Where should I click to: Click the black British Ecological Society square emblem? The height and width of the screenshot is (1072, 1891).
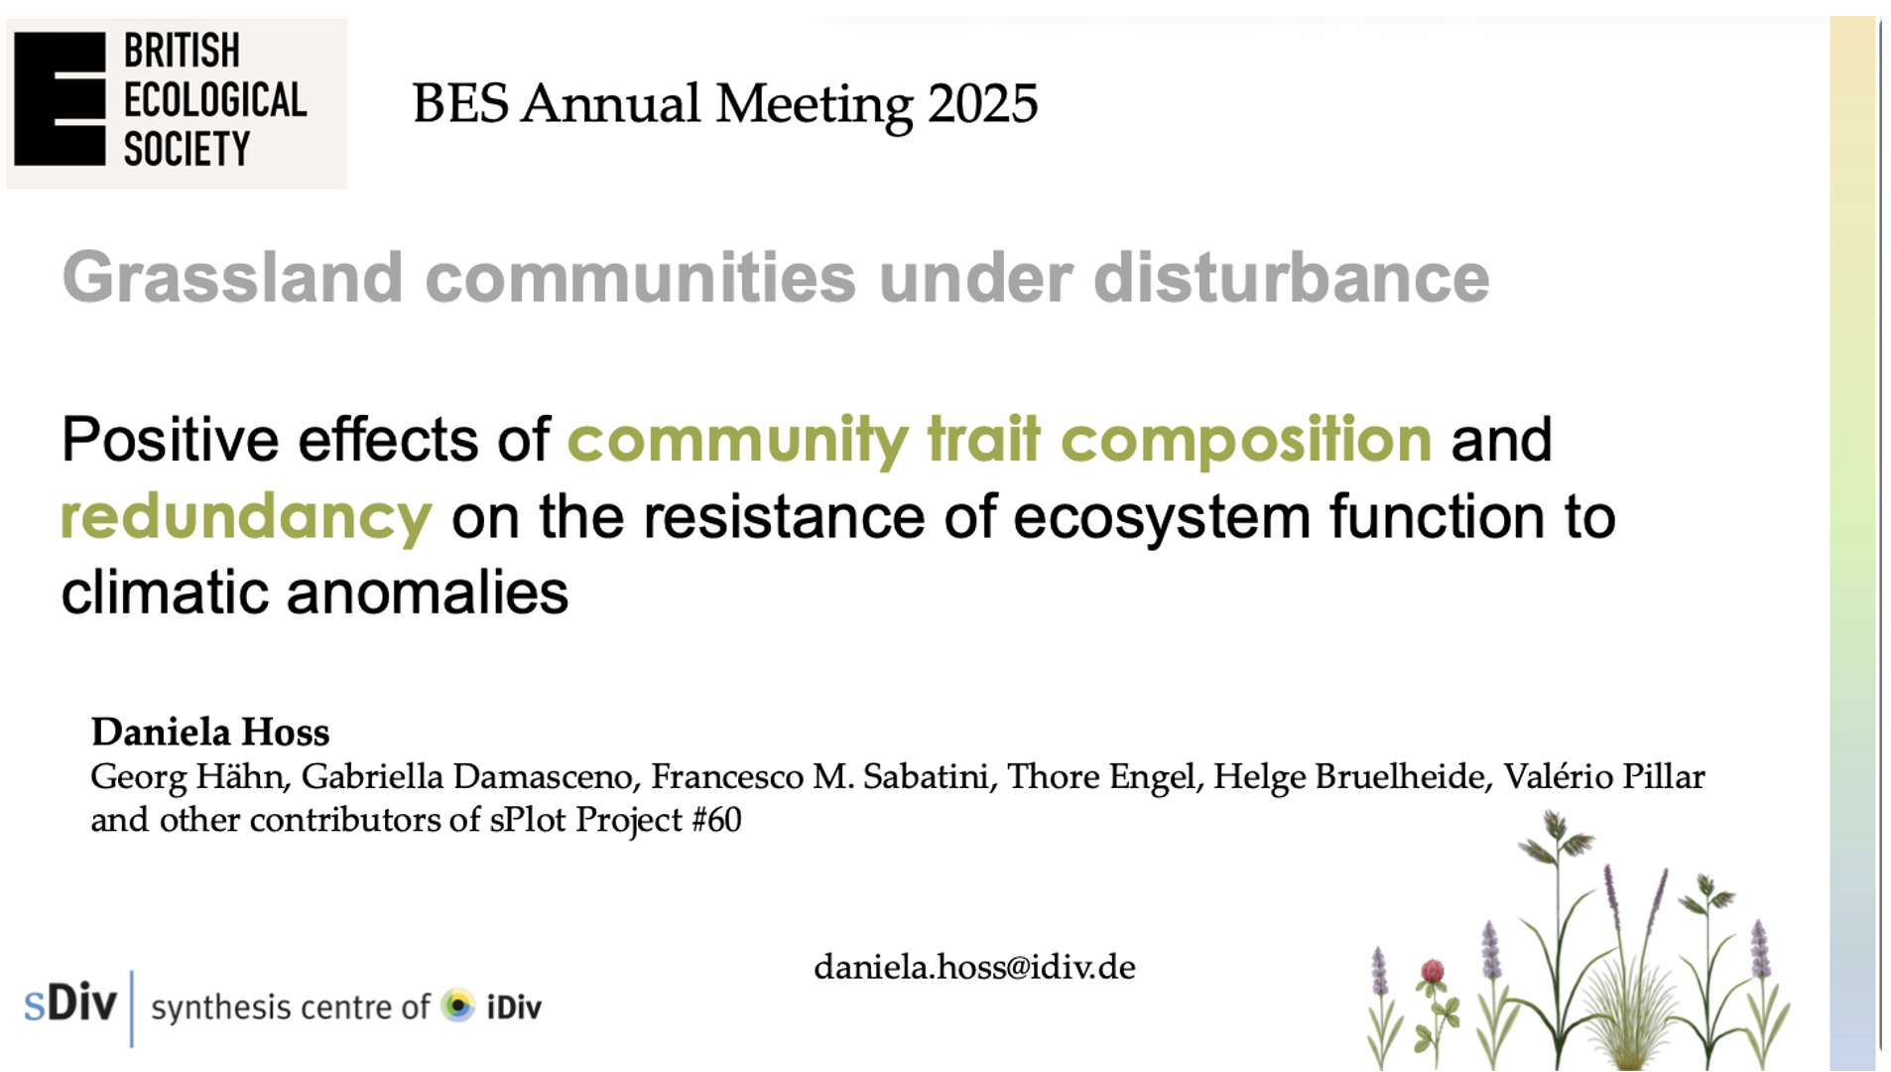pos(60,99)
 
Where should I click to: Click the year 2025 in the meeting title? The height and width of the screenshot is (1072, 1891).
pos(982,103)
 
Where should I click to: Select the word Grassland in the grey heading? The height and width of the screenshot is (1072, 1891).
pos(232,277)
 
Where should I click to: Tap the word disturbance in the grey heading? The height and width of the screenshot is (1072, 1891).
pos(1291,277)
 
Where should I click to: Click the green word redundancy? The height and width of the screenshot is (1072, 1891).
pos(246,518)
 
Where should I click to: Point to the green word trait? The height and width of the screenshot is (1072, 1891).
pos(984,439)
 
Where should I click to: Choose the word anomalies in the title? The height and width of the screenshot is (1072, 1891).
pos(428,594)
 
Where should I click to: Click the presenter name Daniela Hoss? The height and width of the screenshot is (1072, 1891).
pos(210,733)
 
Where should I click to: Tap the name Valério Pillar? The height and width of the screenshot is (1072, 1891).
pos(1604,777)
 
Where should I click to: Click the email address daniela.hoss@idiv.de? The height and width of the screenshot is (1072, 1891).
pos(974,967)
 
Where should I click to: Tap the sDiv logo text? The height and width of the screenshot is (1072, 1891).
pos(70,1004)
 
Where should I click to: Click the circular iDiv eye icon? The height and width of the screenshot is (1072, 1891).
pos(458,1005)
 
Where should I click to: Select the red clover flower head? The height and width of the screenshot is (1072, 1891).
pos(1432,971)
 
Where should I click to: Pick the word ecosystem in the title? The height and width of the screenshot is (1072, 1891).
pos(1162,518)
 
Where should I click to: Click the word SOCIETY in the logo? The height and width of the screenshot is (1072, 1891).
pos(187,149)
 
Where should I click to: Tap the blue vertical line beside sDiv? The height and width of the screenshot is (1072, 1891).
pos(132,1008)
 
